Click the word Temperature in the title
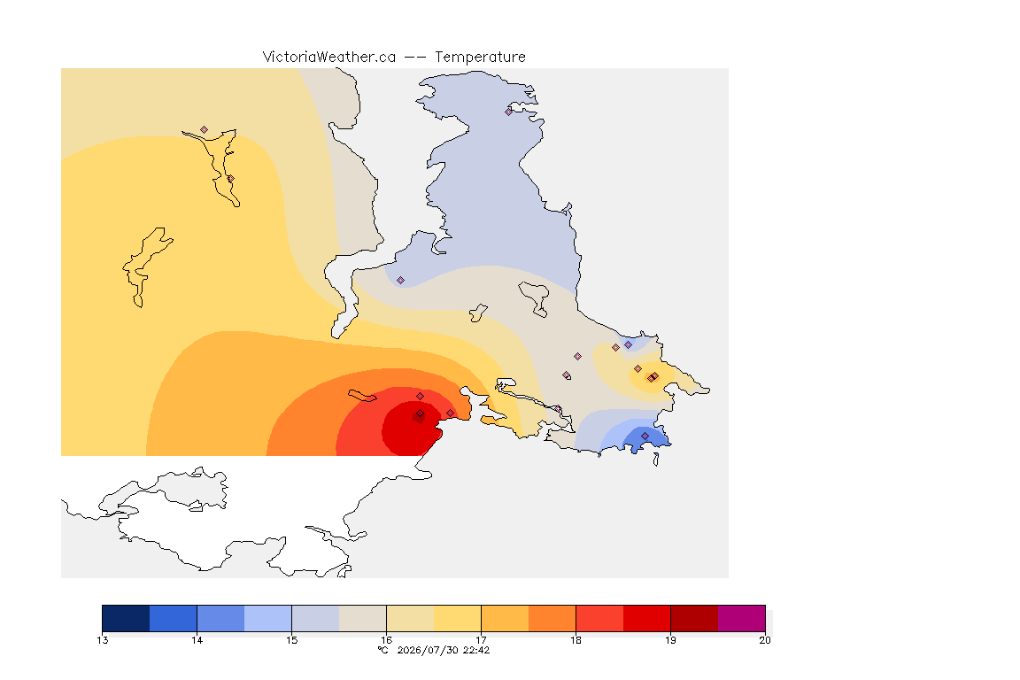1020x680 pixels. click(x=480, y=58)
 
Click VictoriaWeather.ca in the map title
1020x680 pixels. click(x=329, y=58)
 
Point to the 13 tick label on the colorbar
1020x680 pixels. click(x=102, y=640)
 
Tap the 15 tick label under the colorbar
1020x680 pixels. click(x=291, y=640)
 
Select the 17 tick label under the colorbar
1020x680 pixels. click(x=481, y=640)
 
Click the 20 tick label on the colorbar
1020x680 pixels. click(x=765, y=640)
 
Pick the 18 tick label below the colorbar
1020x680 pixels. click(x=576, y=640)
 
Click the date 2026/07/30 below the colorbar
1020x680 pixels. click(x=428, y=650)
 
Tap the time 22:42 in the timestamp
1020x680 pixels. click(x=476, y=650)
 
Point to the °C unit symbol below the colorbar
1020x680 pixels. click(x=383, y=650)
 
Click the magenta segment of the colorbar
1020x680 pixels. click(x=742, y=618)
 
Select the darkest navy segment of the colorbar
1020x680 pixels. click(x=126, y=618)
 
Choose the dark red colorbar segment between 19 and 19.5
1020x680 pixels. click(x=694, y=618)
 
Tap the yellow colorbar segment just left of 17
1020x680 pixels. click(x=457, y=618)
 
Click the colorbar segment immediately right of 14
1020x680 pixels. click(x=220, y=618)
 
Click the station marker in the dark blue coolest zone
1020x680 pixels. click(x=645, y=436)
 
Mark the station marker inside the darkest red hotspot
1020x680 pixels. click(x=421, y=413)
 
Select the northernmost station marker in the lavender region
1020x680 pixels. click(x=509, y=112)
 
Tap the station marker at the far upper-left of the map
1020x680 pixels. click(x=205, y=130)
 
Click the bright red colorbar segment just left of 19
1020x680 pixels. click(x=646, y=618)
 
